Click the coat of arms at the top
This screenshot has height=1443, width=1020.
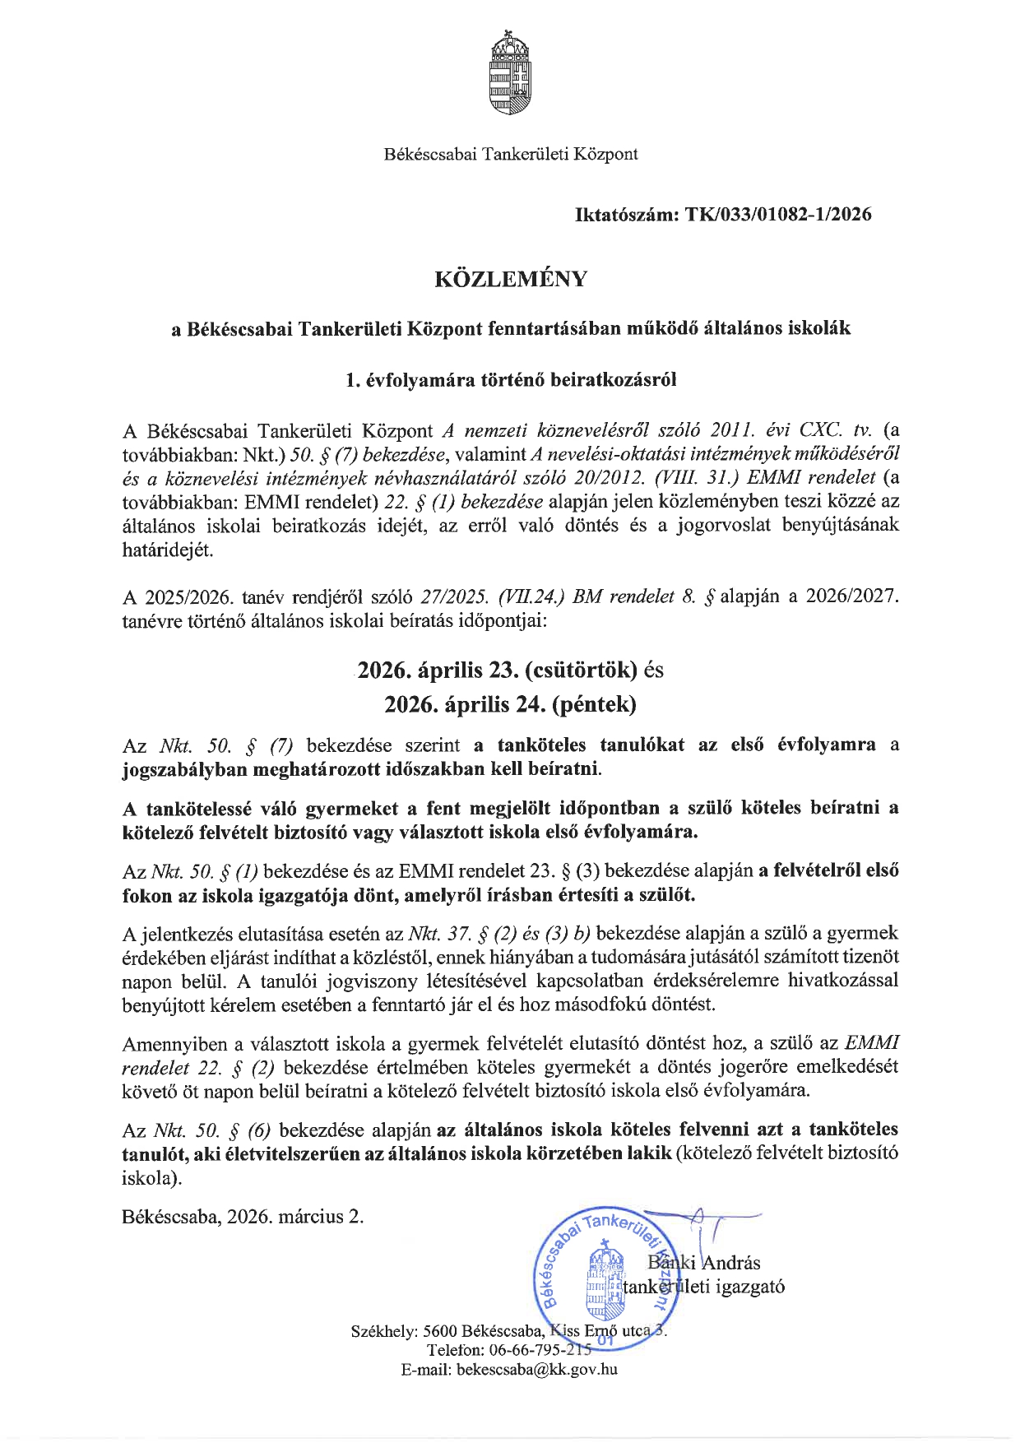pyautogui.click(x=510, y=72)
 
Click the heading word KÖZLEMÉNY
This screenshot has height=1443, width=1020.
pyautogui.click(x=510, y=279)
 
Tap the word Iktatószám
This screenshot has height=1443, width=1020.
pyautogui.click(x=625, y=215)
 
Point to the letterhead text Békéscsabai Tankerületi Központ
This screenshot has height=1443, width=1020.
pyautogui.click(x=510, y=154)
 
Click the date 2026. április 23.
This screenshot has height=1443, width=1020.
pyautogui.click(x=435, y=670)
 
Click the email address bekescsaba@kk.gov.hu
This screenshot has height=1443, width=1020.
pyautogui.click(x=536, y=1370)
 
